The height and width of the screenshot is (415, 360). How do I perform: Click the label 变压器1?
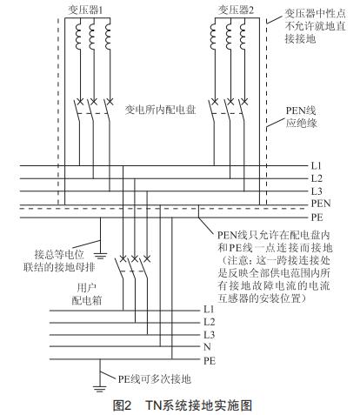(x=94, y=10)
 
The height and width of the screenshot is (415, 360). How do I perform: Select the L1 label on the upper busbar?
(x=316, y=164)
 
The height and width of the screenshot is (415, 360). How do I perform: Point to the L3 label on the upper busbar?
(x=316, y=189)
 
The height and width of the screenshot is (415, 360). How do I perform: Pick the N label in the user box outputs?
(x=207, y=346)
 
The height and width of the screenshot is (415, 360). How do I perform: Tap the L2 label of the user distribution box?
(x=209, y=322)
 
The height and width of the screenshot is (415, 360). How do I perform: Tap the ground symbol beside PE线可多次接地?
(x=98, y=380)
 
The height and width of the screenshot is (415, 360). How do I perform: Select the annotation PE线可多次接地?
(x=156, y=380)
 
